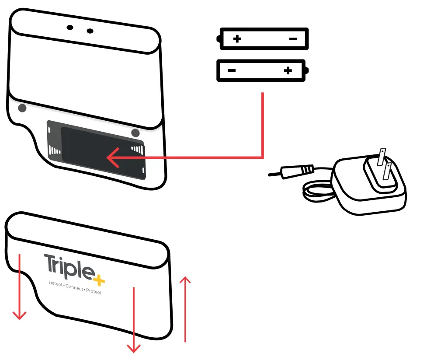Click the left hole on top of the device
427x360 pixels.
click(x=70, y=28)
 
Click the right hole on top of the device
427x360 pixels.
click(x=90, y=31)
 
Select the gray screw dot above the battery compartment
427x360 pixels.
click(x=135, y=132)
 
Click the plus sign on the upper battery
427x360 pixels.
click(x=237, y=39)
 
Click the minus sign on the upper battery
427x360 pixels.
click(x=293, y=39)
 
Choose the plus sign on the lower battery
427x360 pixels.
click(x=288, y=70)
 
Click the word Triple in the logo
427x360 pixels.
click(x=68, y=266)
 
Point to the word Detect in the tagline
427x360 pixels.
click(x=56, y=284)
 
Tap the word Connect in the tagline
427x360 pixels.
click(x=74, y=288)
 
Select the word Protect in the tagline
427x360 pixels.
click(x=94, y=291)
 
